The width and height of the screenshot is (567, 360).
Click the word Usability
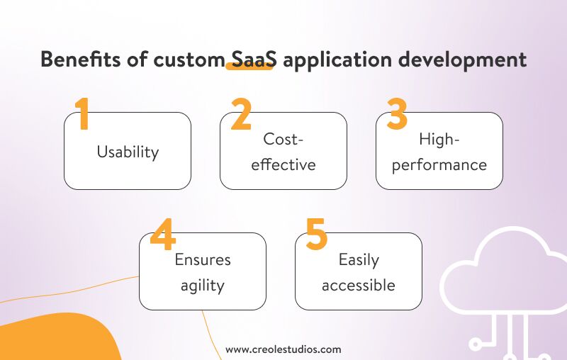tap(128, 152)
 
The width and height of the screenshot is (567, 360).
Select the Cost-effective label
tap(283, 152)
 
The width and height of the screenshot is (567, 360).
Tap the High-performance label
tap(439, 152)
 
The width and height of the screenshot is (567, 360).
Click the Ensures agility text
tap(203, 273)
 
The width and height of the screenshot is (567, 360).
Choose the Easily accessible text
tap(359, 273)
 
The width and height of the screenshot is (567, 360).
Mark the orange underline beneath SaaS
tap(249, 69)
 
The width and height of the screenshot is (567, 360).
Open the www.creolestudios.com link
tap(283, 349)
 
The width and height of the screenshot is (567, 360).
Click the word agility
tap(203, 286)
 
